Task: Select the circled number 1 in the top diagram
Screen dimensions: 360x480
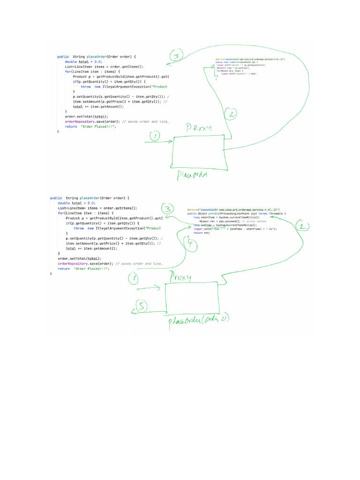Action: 155,136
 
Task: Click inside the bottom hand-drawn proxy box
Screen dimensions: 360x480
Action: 190,297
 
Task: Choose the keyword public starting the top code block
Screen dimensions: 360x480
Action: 63,56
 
